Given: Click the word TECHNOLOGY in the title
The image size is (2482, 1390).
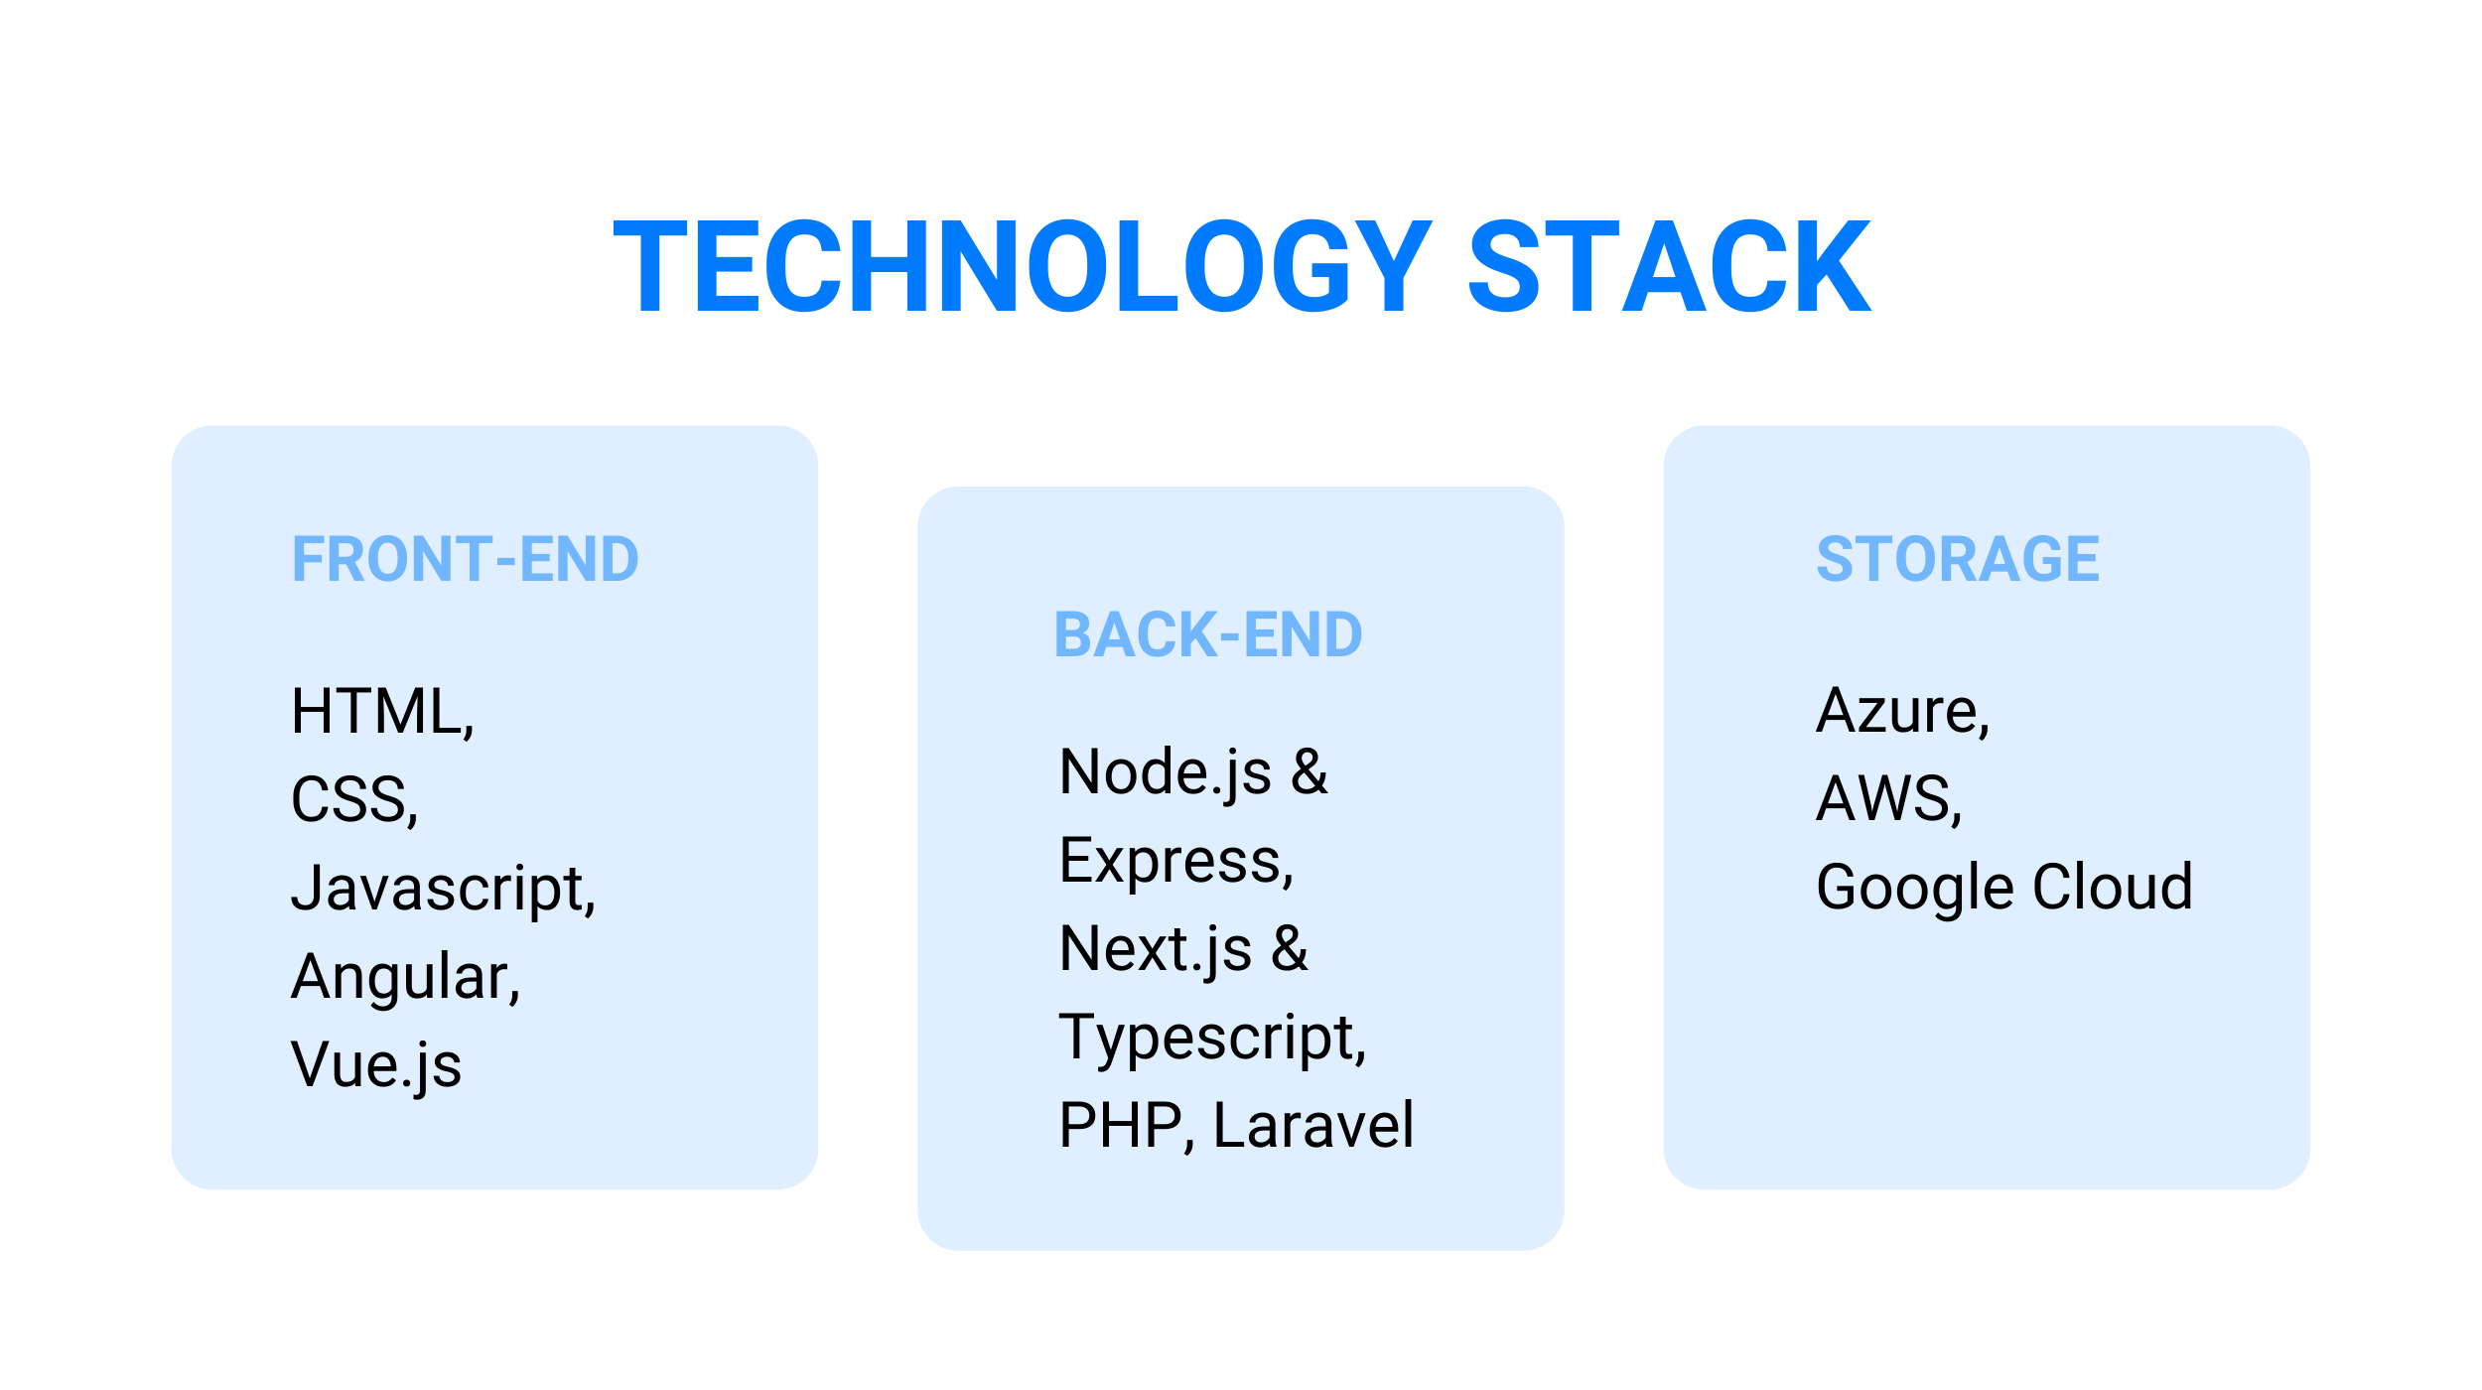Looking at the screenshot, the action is point(1023,266).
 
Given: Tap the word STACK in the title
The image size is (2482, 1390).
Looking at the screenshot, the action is point(1669,266).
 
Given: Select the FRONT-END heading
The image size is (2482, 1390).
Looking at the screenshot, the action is point(465,559).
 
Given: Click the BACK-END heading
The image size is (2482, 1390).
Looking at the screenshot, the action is point(1208,634).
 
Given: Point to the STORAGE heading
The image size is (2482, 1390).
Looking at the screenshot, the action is point(1958,559).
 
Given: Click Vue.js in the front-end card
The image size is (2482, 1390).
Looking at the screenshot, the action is point(376,1065).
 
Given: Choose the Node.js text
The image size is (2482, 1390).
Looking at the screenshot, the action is point(1166,772).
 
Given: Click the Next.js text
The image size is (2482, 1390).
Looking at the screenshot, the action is point(1156,949).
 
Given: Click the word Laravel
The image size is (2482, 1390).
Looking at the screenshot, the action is point(1313,1125).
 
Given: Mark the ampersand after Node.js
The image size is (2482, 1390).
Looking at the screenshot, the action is point(1310,771).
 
